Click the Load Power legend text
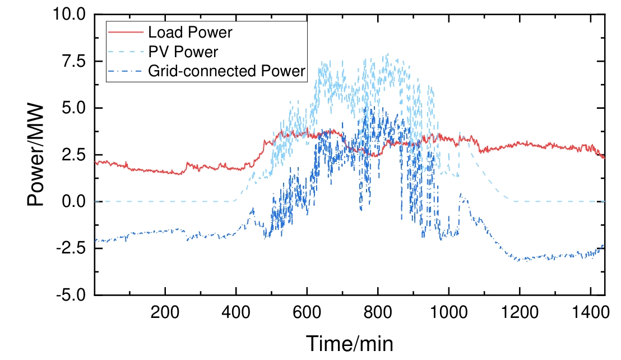point(190,33)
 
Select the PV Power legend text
point(183,52)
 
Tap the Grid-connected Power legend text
point(226,71)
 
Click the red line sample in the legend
point(126,33)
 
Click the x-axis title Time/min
point(349,343)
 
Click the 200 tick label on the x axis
point(165,311)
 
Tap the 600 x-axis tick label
point(307,311)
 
